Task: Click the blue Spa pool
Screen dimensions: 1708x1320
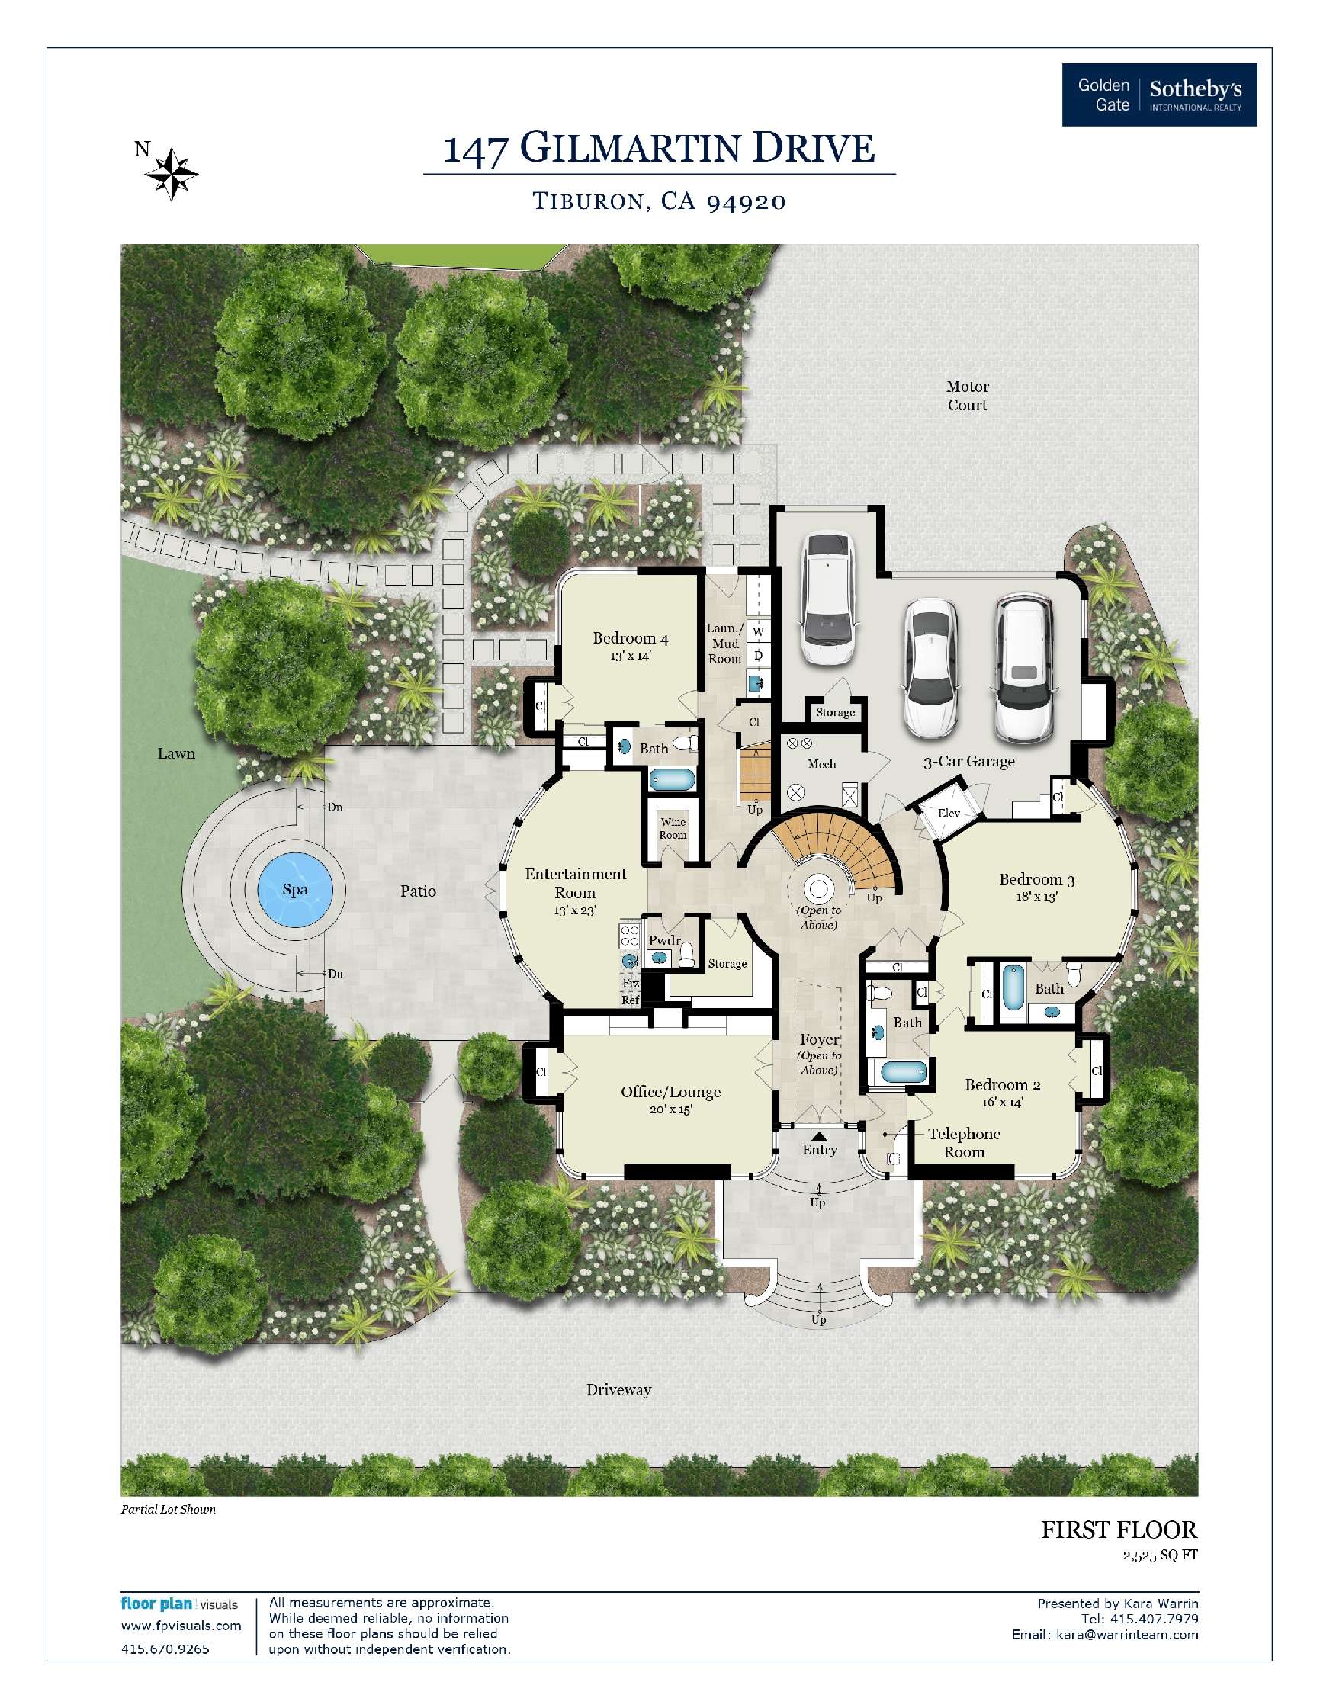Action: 295,889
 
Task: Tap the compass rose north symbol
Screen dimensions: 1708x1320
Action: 172,173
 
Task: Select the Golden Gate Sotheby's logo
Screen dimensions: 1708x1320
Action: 1159,95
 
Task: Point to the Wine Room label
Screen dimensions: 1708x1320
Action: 673,828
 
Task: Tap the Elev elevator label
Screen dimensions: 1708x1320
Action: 949,814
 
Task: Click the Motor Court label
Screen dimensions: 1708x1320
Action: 968,396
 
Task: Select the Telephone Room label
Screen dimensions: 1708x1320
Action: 963,1142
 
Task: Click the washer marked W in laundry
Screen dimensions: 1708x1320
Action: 758,631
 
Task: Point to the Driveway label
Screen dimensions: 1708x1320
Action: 618,1390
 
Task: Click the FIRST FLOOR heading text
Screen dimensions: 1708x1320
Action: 1118,1530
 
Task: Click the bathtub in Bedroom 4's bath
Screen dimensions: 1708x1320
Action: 673,780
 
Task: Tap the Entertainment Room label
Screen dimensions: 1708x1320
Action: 576,884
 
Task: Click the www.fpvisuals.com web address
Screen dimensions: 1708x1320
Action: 181,1626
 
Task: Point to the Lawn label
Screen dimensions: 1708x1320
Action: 176,754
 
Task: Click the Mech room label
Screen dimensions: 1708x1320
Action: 822,764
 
